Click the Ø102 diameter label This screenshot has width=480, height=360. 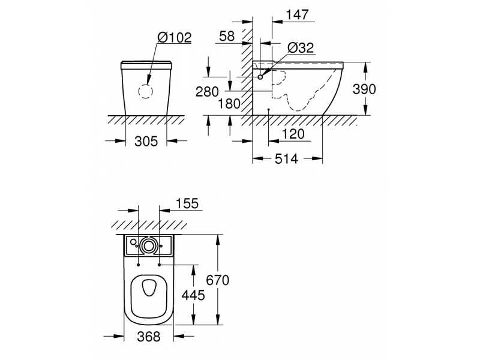[x=175, y=38]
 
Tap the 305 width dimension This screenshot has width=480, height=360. [x=146, y=142]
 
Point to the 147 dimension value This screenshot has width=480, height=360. [x=297, y=14]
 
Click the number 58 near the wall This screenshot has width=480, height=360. [x=227, y=36]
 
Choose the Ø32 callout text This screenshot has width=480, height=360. [x=301, y=48]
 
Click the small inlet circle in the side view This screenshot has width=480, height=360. [x=260, y=77]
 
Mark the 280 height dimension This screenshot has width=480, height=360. [x=207, y=92]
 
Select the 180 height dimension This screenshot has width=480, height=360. [x=229, y=104]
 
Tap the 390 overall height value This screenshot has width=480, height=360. [x=364, y=89]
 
